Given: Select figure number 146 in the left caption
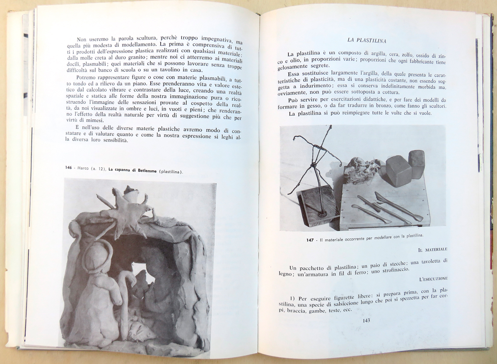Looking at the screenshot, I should click(69, 167).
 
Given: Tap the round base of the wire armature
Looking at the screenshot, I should click(321, 214).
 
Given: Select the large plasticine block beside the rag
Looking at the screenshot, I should click(398, 170).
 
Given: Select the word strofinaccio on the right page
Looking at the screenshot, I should click(388, 269).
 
